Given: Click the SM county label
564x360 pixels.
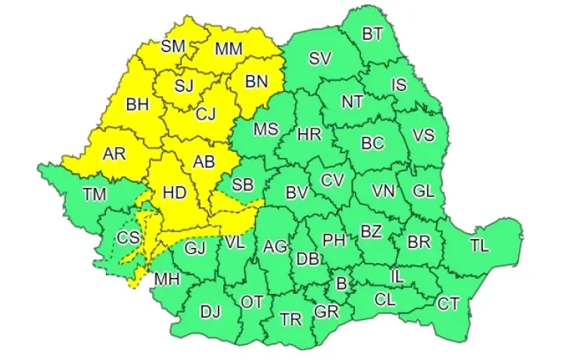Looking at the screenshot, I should (x=173, y=46).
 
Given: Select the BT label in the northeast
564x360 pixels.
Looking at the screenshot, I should (x=372, y=34).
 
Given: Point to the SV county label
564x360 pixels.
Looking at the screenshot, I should (x=320, y=59).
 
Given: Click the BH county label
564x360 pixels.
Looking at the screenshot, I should (x=138, y=104).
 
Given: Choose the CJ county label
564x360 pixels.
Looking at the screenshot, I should (x=206, y=114).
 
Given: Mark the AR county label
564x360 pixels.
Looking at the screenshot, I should (x=114, y=154).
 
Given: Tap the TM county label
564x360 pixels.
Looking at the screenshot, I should (x=95, y=195).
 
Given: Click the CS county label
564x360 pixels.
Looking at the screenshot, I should (x=128, y=238).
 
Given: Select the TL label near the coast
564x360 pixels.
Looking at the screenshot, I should (x=479, y=245).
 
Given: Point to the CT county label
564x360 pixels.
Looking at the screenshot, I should (x=448, y=304).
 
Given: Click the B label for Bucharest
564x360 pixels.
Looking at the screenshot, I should (x=341, y=284).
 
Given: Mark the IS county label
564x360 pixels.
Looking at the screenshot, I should (x=399, y=85).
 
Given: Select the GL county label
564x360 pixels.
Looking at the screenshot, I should (x=423, y=191).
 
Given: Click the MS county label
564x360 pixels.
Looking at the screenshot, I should (x=265, y=129).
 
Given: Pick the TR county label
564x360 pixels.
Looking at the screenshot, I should (x=290, y=319).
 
